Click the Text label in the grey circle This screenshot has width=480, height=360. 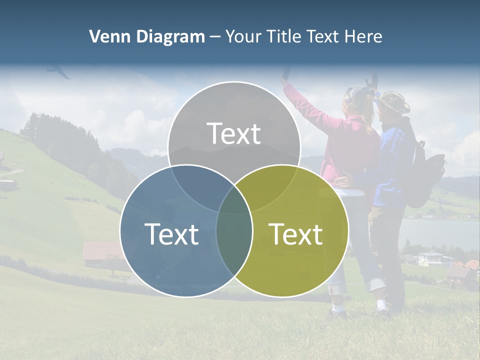234,133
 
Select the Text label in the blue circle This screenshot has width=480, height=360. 171,234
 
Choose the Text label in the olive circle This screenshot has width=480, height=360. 295,234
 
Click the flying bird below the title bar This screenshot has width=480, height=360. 58,72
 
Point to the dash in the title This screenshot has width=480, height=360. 215,37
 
